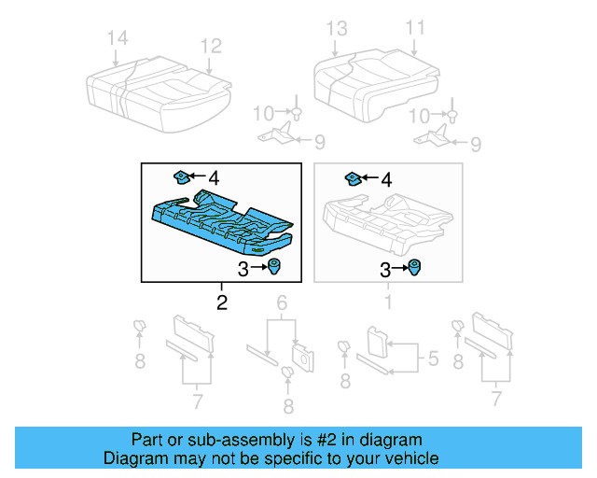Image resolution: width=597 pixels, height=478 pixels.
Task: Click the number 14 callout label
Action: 118,38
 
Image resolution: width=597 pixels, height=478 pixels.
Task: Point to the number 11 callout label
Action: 415,27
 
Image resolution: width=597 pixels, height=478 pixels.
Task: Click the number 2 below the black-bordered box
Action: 221,302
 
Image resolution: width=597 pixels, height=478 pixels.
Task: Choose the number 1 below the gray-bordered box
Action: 390,302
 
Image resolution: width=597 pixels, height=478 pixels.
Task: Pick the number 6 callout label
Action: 281,302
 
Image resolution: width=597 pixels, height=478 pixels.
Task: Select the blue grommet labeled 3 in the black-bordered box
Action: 277,269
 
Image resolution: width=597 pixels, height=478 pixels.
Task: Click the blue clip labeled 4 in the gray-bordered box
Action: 354,176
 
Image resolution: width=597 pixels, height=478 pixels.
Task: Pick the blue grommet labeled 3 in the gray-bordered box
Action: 413,268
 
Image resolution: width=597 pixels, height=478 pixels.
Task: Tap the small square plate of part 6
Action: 301,354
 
